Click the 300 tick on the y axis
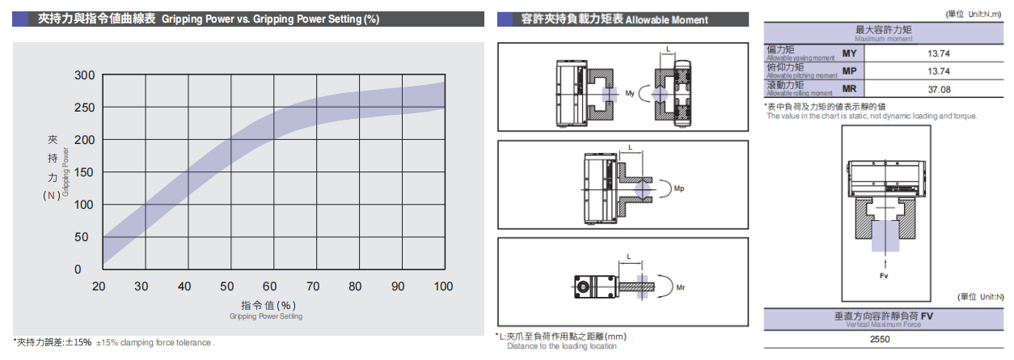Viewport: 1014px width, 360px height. point(84,75)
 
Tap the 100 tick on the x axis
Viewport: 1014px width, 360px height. point(442,286)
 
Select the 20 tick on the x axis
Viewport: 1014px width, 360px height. point(99,286)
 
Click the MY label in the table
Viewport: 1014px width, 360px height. point(849,53)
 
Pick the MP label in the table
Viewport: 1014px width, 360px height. point(849,71)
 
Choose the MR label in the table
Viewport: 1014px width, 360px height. point(849,89)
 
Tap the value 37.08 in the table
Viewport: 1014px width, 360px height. point(939,89)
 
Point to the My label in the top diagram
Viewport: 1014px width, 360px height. point(630,93)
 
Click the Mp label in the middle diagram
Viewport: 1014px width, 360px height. point(679,189)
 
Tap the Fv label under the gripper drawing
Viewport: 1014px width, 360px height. point(884,276)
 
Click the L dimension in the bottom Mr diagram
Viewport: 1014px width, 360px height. point(628,257)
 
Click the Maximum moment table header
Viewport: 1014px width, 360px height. point(887,33)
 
